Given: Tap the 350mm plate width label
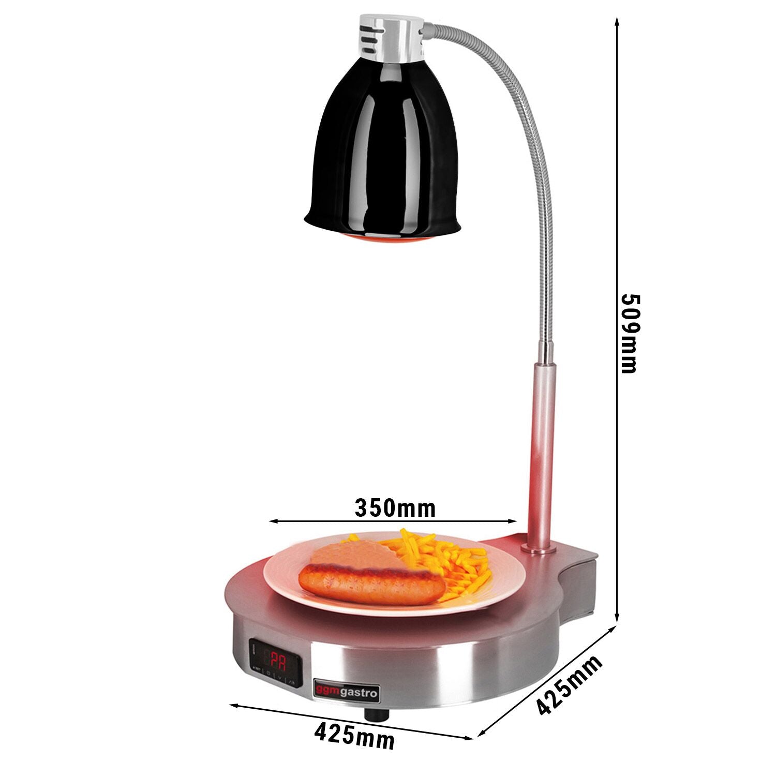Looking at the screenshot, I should (395, 509).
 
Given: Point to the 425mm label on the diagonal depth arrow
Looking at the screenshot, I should (569, 684).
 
